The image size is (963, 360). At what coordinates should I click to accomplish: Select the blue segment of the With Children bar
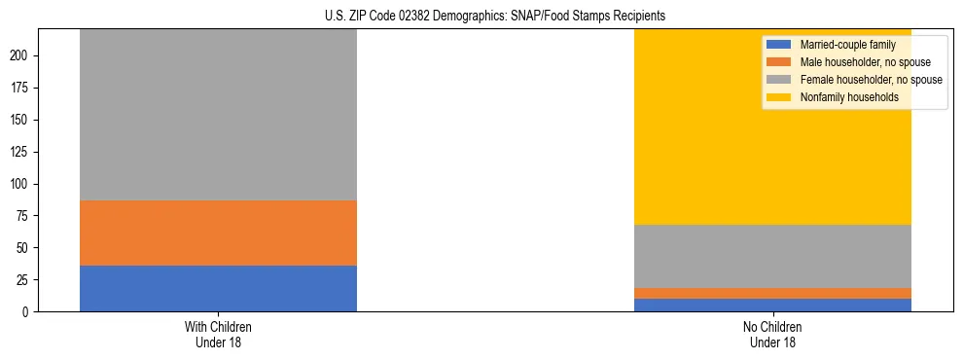coord(218,288)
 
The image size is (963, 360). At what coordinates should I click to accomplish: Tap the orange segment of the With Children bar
coord(218,233)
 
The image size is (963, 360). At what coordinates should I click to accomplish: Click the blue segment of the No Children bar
coord(772,305)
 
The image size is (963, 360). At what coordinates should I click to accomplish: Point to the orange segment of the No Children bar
coord(772,293)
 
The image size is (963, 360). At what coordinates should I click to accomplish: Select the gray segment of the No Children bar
coord(772,256)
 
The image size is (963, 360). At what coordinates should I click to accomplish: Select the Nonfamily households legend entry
coord(849,97)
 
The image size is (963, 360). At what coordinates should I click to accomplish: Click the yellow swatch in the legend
coord(779,97)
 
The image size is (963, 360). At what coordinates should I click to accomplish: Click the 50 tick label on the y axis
coord(24,247)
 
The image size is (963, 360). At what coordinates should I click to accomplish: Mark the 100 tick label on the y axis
coord(21,184)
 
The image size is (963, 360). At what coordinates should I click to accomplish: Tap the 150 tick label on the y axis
coord(21,120)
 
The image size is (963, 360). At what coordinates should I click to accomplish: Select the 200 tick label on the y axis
coord(21,55)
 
